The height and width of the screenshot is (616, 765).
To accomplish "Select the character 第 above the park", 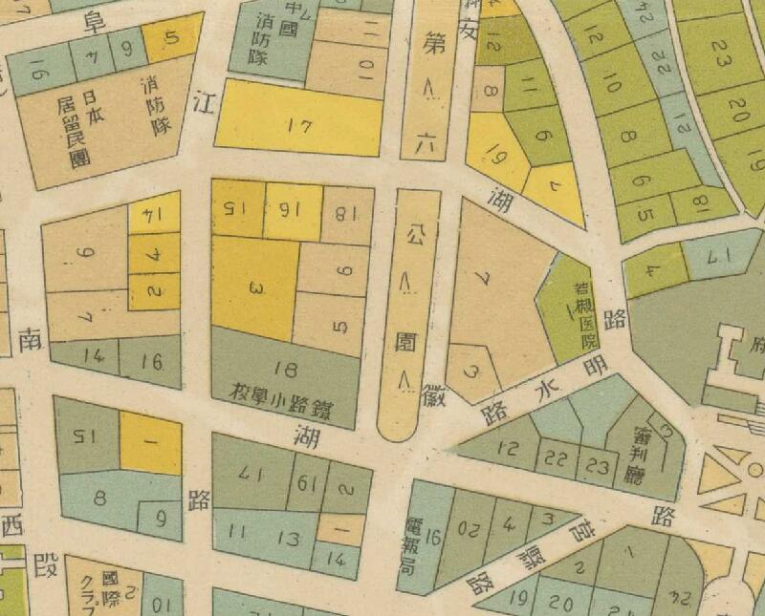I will click(x=428, y=43).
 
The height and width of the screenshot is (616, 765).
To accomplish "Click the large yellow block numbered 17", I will click(x=298, y=122).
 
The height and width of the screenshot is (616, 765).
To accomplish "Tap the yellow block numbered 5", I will click(x=171, y=39).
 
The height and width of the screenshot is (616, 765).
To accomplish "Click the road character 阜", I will click(x=94, y=21).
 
